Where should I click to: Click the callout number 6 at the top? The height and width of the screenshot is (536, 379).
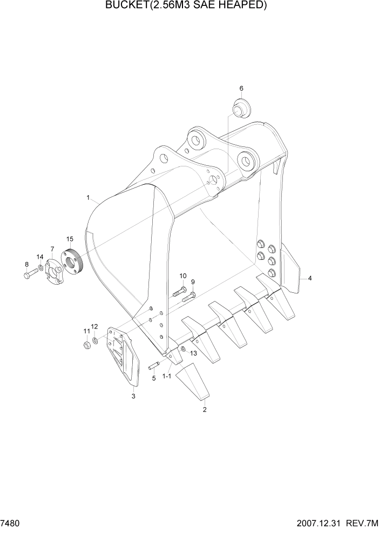tap(241, 88)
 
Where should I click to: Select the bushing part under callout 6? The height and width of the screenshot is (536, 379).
tap(239, 107)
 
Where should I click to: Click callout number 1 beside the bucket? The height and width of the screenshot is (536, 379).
tap(87, 198)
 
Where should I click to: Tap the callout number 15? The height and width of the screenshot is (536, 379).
tap(70, 239)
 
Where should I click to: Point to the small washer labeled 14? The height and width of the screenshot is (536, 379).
tap(42, 269)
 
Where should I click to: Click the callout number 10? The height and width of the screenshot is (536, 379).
tap(182, 276)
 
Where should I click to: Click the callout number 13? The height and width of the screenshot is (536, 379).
tap(193, 352)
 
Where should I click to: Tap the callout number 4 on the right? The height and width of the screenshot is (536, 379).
tap(310, 278)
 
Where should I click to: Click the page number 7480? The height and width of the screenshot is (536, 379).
tap(10, 525)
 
